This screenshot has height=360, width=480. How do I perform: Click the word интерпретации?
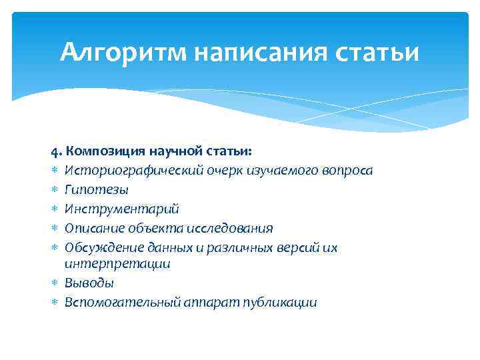point(117,264)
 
